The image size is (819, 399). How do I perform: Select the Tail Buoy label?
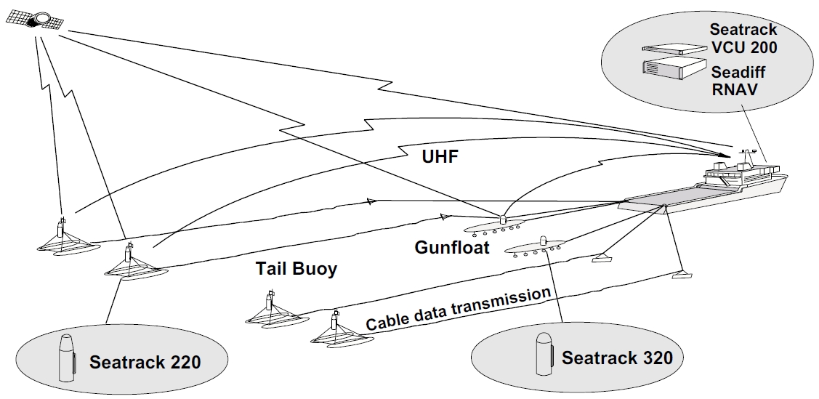coord(296,269)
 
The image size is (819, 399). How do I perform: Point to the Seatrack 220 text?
coord(145,361)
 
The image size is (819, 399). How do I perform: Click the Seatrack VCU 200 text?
coord(743,39)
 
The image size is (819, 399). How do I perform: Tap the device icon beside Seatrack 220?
coord(66,358)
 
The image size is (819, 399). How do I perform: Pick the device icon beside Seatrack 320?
coord(543,354)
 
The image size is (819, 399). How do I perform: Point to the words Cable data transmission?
coord(458,309)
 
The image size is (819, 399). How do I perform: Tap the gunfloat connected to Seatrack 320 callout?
coord(539,247)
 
